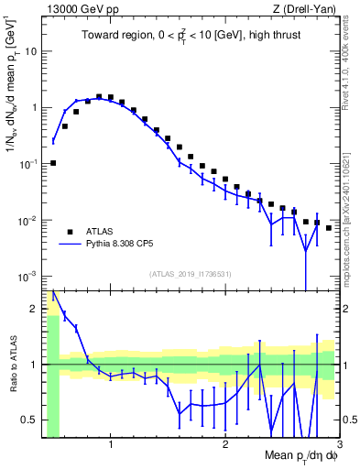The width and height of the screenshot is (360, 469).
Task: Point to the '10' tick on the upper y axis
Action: [30, 50]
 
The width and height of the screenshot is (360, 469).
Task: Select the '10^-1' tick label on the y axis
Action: [27, 164]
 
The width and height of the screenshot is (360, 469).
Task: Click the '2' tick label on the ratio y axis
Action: [34, 308]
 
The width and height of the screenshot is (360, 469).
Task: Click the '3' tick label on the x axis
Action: [339, 444]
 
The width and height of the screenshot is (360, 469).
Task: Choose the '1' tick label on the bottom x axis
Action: [111, 444]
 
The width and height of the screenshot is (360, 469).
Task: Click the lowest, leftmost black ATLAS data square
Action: [53, 163]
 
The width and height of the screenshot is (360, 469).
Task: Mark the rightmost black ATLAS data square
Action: [329, 227]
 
